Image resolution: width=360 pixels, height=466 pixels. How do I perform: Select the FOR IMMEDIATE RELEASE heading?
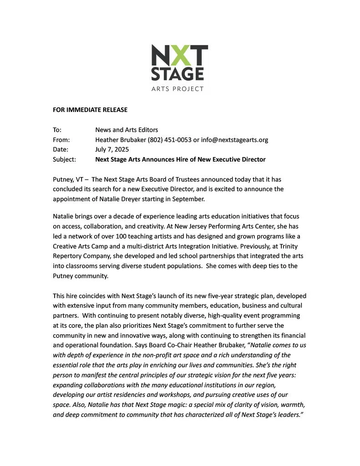coord(90,110)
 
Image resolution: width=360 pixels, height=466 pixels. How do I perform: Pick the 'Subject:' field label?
coord(64,159)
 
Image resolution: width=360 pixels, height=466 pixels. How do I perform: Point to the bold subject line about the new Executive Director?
coord(180,159)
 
